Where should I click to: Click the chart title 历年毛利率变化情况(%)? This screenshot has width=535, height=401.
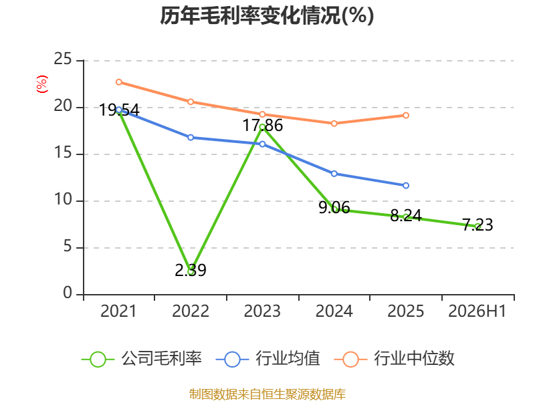point(267,15)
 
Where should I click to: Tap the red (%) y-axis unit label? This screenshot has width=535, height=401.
point(41,84)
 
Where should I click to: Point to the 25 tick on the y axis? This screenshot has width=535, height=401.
point(63,59)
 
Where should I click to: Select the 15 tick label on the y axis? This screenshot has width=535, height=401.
point(63,153)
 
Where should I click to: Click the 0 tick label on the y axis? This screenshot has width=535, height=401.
point(68,293)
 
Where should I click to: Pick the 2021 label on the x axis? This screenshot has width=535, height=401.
point(118,311)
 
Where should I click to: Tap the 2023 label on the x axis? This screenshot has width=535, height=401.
point(262,311)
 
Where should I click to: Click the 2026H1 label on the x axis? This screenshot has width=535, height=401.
point(477,311)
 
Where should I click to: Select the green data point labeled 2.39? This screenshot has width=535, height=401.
point(191,272)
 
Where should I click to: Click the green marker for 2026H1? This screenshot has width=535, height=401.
point(477,227)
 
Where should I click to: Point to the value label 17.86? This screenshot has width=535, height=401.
point(263,126)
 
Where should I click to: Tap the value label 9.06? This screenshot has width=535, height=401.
point(334,208)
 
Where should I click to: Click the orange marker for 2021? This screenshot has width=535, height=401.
point(119,82)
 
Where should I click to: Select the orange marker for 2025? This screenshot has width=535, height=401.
point(406,116)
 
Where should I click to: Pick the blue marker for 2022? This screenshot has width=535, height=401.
point(191,138)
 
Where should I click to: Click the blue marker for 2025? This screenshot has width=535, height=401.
point(406,186)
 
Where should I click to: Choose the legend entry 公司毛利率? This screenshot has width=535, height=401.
point(142,359)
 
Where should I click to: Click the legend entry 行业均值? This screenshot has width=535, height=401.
point(268,359)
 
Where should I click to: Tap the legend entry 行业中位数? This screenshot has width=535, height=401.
point(394,359)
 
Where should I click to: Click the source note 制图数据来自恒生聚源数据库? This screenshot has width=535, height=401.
point(267,394)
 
